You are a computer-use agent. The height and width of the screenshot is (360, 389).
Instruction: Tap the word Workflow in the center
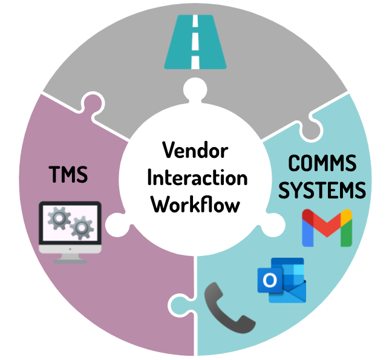(x=195, y=204)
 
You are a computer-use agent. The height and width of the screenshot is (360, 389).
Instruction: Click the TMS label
(x=68, y=174)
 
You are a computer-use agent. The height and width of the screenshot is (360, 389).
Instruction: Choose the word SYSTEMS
(x=324, y=190)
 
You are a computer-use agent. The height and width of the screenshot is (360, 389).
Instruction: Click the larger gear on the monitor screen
(x=81, y=228)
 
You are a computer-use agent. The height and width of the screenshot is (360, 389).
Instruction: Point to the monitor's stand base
(x=70, y=260)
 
